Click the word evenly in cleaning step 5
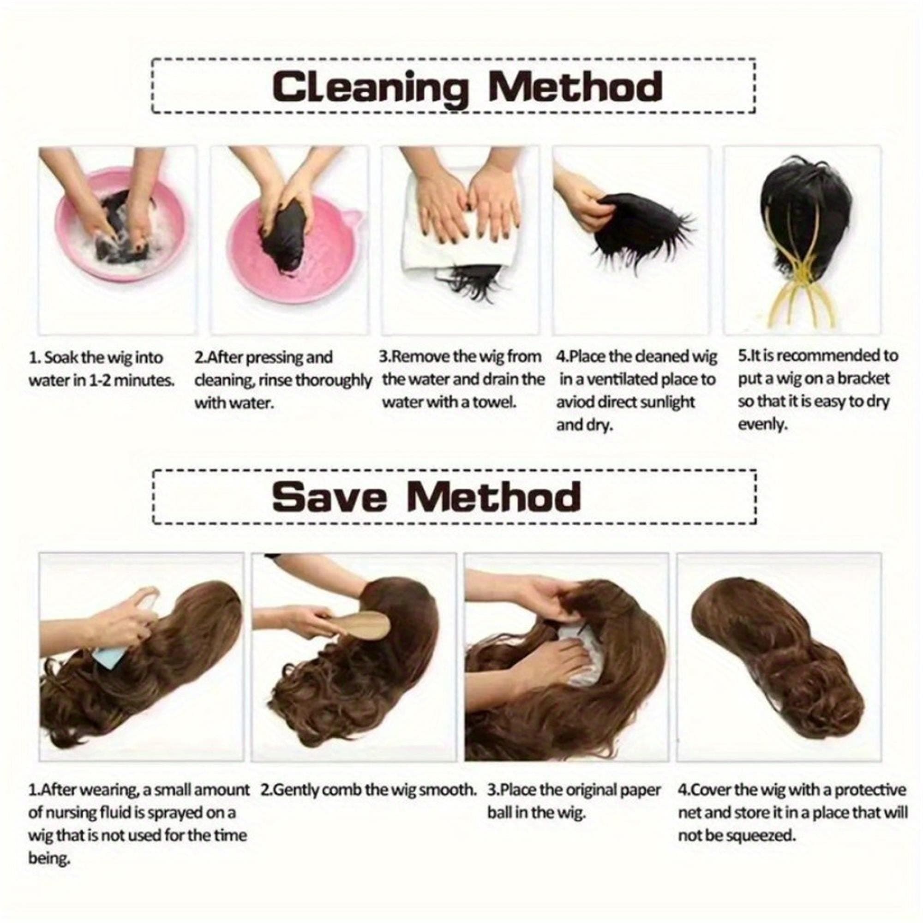(x=762, y=425)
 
